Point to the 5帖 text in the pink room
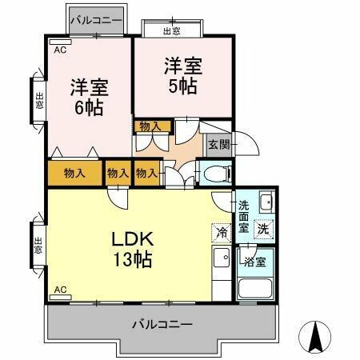tap(183, 86)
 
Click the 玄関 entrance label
tap(218, 145)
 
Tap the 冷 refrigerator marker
tap(222, 233)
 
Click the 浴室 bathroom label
tap(255, 262)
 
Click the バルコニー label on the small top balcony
tap(95, 19)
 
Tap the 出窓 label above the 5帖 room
tap(171, 30)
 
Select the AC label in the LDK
tap(59, 289)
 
